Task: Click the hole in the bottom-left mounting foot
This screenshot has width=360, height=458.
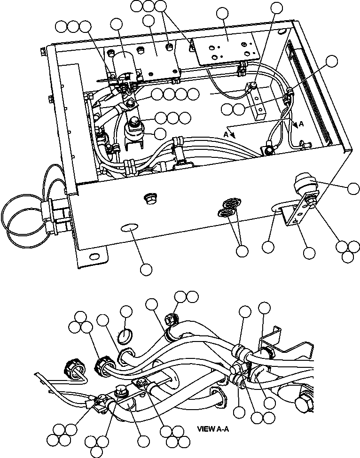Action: coord(94,256)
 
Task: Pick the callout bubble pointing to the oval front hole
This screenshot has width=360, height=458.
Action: coord(146,269)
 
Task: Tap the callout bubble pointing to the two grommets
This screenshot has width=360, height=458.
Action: coord(242,251)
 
